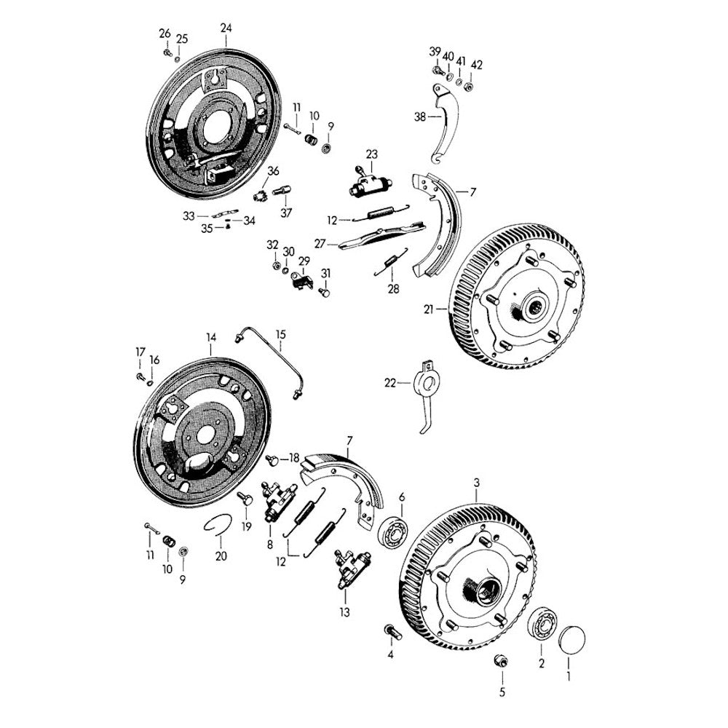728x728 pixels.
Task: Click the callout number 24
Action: pos(226,28)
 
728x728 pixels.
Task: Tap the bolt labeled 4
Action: pos(392,632)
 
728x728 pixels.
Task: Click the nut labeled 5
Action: pos(502,661)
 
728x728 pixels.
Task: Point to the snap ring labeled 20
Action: pos(218,525)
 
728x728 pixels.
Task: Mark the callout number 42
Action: pos(477,65)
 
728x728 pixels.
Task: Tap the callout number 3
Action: pos(477,483)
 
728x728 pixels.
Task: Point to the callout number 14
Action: pos(211,338)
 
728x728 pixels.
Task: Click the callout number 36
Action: pos(274,171)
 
